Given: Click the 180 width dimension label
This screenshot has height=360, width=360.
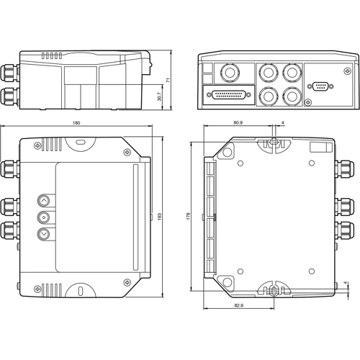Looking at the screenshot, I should click(76, 123).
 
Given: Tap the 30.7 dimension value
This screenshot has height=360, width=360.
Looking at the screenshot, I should click(159, 96).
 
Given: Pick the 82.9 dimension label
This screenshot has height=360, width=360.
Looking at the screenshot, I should click(238, 306).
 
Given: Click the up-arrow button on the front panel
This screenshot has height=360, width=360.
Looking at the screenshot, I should click(44, 201).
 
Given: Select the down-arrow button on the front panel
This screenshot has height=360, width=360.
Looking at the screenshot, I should click(44, 233).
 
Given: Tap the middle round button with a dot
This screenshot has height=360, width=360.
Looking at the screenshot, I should click(44, 217).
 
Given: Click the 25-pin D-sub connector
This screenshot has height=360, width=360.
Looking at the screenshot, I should click(229, 94).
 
